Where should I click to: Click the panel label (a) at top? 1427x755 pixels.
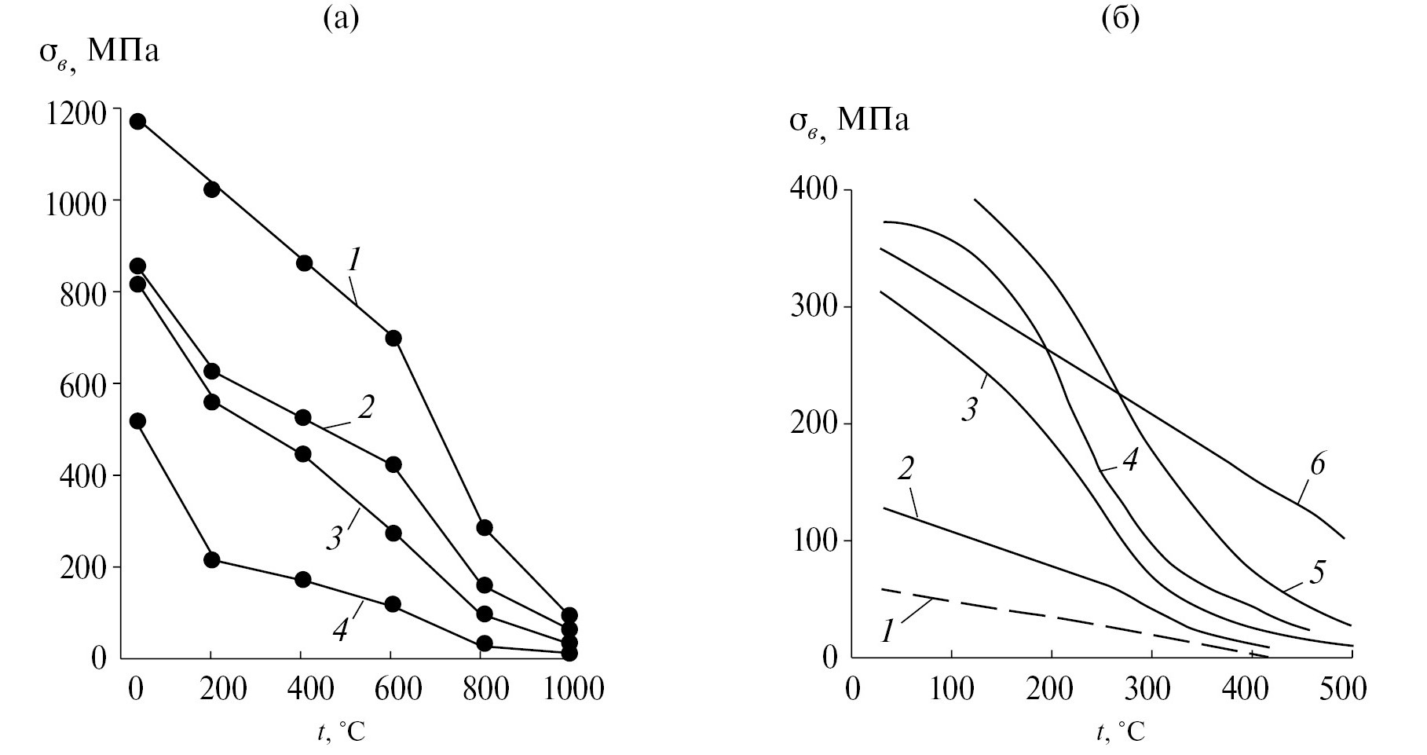[x=341, y=20]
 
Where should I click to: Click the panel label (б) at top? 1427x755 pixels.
[x=1120, y=20]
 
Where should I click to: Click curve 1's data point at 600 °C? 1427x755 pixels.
[x=393, y=338]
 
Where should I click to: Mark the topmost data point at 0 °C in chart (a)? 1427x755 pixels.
[x=137, y=121]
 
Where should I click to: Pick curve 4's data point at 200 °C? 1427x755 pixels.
[x=211, y=559]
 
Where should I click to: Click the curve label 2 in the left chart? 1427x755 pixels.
[x=366, y=407]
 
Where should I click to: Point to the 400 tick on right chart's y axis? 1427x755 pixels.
[x=813, y=190]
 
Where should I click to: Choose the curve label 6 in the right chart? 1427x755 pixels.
[x=1317, y=464]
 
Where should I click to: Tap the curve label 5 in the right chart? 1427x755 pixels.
[x=1317, y=572]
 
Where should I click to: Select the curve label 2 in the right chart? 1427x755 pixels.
[x=905, y=471]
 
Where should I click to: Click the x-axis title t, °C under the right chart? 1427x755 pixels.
[x=1121, y=732]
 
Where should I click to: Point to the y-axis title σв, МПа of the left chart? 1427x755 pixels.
[x=99, y=53]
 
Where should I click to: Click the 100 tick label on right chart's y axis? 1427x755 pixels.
[x=813, y=541]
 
